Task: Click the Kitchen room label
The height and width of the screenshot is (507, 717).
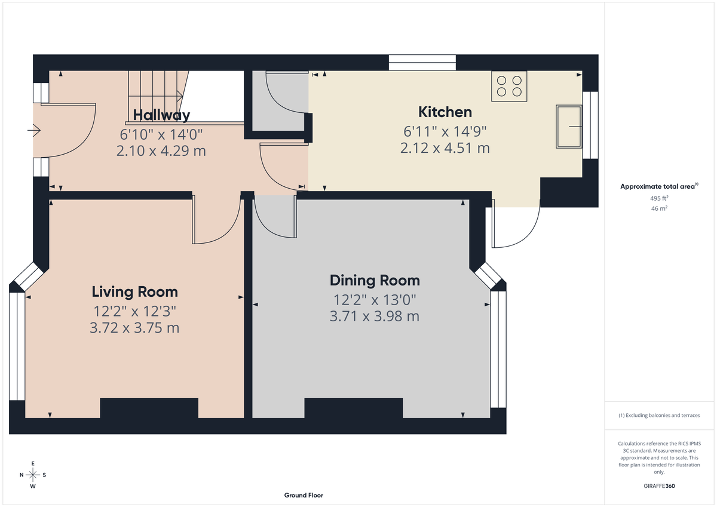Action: (445, 112)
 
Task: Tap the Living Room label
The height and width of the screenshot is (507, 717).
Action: (134, 291)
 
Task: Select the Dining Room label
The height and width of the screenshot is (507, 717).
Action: (375, 280)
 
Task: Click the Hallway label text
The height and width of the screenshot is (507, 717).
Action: (161, 115)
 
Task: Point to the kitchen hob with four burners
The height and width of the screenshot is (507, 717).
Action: (509, 85)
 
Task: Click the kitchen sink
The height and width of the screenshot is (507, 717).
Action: (569, 126)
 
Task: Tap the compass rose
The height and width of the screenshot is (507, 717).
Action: (33, 475)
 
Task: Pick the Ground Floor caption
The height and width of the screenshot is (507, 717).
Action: (304, 495)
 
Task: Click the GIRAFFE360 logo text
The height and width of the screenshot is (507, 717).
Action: (660, 486)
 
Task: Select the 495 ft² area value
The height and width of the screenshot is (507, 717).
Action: (659, 198)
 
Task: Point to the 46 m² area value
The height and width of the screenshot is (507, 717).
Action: (659, 208)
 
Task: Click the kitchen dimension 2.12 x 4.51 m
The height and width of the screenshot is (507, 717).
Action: (445, 148)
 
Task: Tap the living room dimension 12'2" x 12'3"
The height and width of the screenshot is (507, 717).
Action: (134, 311)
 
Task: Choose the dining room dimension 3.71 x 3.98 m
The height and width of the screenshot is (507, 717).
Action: (375, 317)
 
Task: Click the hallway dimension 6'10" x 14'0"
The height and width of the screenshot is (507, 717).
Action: (161, 134)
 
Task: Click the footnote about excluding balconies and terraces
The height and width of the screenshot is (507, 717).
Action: (659, 415)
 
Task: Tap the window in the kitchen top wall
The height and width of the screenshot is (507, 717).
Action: (422, 63)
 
